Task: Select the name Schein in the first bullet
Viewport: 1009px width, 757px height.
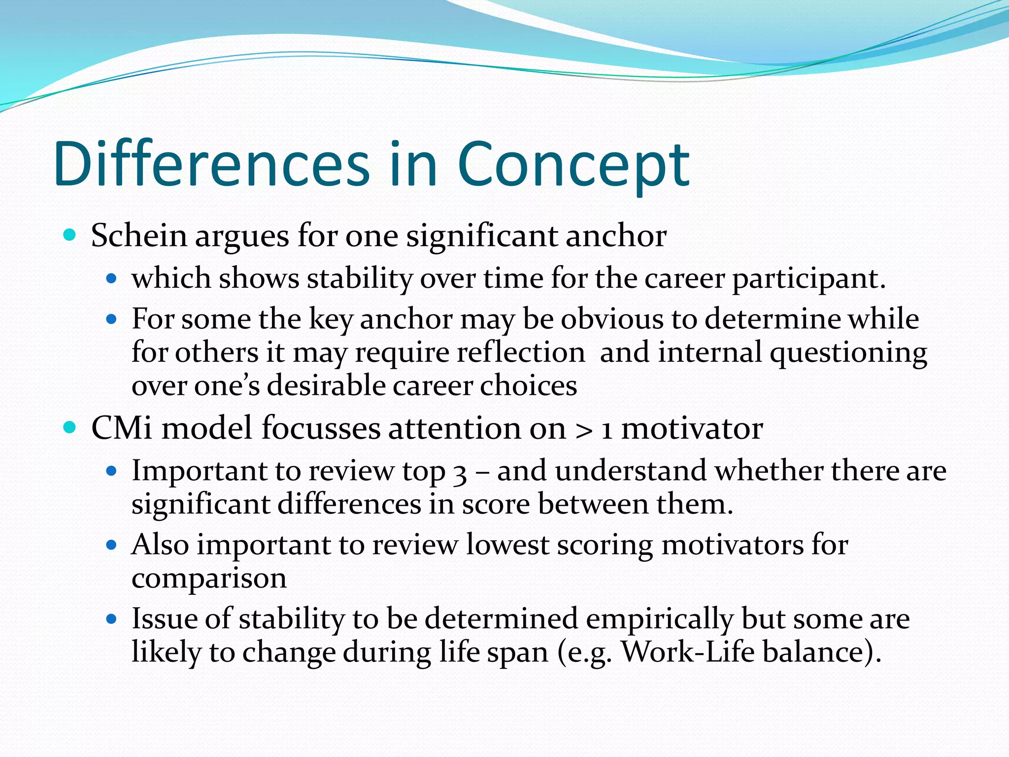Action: pyautogui.click(x=139, y=236)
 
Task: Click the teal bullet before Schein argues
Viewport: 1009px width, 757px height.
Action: pyautogui.click(x=70, y=235)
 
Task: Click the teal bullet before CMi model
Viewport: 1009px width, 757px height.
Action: pyautogui.click(x=70, y=427)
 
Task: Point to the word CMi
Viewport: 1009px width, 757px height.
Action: pyautogui.click(x=122, y=428)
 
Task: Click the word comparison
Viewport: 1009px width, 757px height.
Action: pyautogui.click(x=209, y=579)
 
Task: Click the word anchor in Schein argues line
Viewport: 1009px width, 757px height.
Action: pyautogui.click(x=616, y=236)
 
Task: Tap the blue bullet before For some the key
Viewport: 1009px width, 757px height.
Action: pyautogui.click(x=111, y=319)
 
